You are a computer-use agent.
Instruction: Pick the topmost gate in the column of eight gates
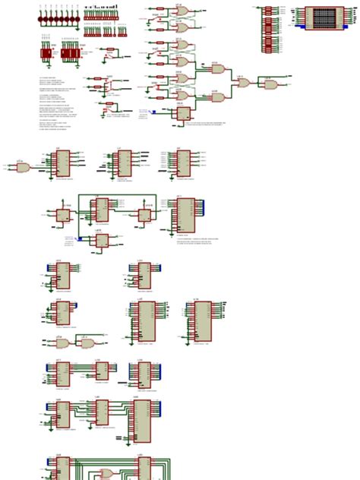pyautogui.click(x=182, y=11)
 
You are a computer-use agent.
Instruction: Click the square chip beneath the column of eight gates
pyautogui.click(x=182, y=114)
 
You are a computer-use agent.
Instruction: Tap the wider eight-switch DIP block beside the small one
pyautogui.click(x=69, y=54)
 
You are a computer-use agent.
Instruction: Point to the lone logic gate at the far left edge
pyautogui.click(x=21, y=167)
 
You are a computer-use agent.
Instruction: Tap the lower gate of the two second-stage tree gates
pyautogui.click(x=216, y=98)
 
